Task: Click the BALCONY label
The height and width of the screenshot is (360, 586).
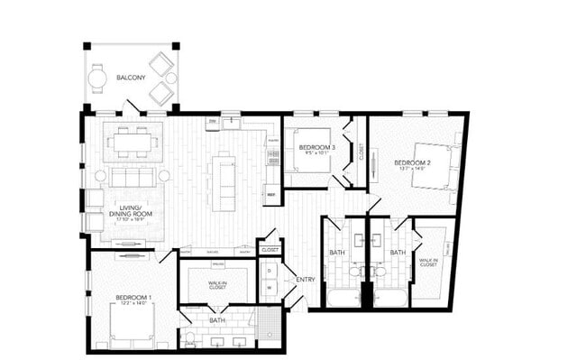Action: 130,78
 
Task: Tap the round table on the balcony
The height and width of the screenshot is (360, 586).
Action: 97,78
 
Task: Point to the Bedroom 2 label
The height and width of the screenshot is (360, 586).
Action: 412,165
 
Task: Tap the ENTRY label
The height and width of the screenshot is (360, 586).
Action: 306,280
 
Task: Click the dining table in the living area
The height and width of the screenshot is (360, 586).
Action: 133,142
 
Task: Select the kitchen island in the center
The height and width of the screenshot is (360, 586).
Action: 223,181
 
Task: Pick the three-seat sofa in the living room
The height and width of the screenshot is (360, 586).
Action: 133,177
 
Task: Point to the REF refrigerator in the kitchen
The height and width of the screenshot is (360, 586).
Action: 271,194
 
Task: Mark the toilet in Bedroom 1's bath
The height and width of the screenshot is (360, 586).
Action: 188,337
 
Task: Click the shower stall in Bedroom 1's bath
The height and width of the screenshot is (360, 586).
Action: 268,325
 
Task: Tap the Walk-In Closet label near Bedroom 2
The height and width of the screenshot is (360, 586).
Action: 429,263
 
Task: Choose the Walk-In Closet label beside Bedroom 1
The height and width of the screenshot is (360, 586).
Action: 216,285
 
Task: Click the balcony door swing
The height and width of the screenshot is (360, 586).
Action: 132,107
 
